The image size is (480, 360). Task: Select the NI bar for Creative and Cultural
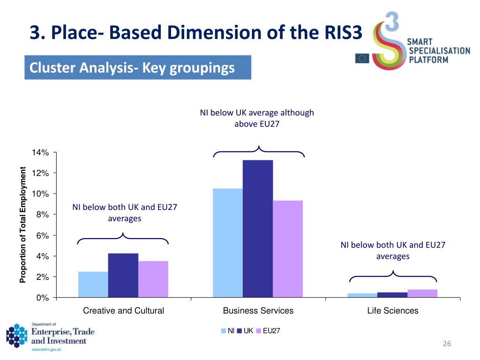93,285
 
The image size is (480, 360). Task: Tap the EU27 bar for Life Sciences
422,293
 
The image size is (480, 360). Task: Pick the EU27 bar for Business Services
288,249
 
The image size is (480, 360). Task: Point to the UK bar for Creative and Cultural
123,275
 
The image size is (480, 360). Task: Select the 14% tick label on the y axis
40,153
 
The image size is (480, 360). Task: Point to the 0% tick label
42,298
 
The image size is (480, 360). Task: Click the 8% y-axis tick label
42,215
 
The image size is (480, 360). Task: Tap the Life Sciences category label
393,310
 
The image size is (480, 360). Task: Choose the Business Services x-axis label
258,310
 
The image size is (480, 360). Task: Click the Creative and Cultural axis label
123,310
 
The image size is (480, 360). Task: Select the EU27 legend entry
268,331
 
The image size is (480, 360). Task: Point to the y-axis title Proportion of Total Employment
22,225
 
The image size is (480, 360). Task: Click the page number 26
446,345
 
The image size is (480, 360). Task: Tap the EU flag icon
362,58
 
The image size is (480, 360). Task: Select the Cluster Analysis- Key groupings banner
138,68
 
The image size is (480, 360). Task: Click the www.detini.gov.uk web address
45,350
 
